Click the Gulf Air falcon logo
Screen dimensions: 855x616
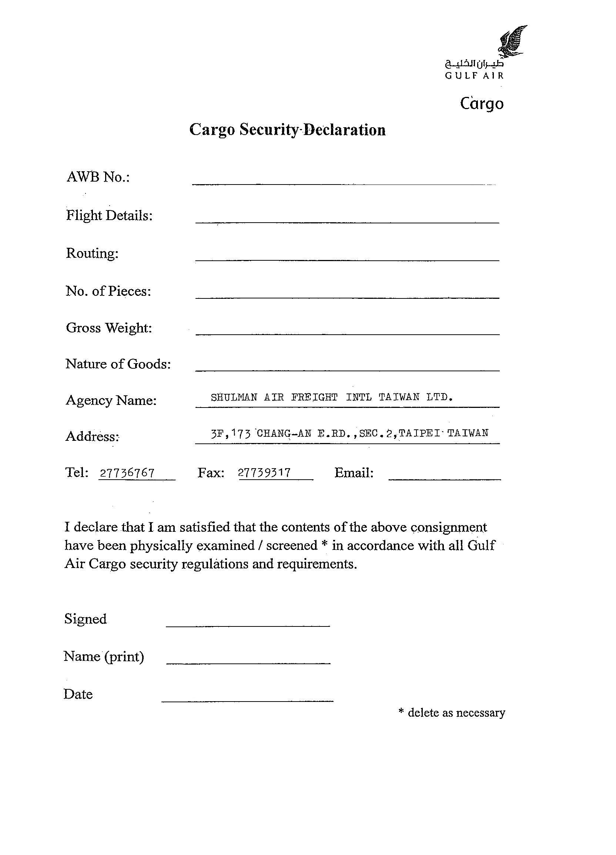click(x=513, y=41)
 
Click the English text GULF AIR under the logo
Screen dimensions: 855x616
click(x=474, y=75)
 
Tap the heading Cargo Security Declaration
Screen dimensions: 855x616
click(x=287, y=130)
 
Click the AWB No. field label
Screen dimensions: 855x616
click(x=98, y=177)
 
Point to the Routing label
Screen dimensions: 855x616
click(x=92, y=253)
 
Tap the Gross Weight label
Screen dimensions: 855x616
click(x=109, y=328)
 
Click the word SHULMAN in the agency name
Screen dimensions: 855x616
click(x=234, y=397)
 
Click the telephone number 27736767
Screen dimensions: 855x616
click(x=127, y=473)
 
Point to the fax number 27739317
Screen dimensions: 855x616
click(x=265, y=473)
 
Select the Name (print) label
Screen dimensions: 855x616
click(x=104, y=656)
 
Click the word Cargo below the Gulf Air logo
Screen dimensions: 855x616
click(x=482, y=104)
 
